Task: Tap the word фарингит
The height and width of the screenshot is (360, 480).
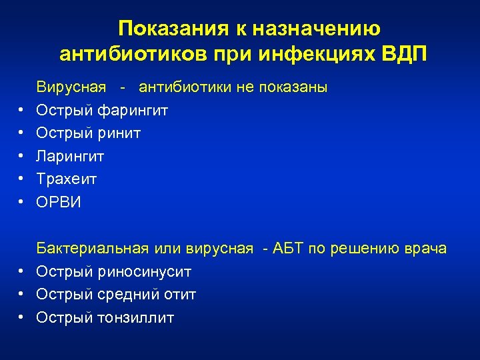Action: click(x=133, y=111)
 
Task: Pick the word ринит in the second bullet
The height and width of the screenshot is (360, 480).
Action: click(x=119, y=133)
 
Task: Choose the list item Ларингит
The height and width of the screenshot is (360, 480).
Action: click(x=70, y=157)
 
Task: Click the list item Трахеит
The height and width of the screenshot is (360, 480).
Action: click(x=67, y=179)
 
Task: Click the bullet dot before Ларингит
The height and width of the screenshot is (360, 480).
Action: click(x=22, y=157)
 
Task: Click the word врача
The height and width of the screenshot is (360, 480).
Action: click(x=425, y=249)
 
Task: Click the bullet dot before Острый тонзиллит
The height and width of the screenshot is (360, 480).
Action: click(x=22, y=317)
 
